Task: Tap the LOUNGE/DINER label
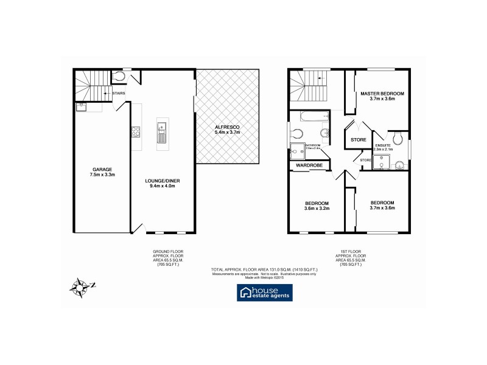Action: (163, 181)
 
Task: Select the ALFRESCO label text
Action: (226, 126)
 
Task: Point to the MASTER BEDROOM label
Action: (382, 94)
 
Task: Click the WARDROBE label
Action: (309, 165)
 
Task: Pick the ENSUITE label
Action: (383, 145)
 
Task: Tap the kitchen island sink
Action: (162, 127)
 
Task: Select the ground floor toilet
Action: (119, 77)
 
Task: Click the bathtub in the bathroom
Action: (309, 117)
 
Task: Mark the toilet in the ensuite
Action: (398, 137)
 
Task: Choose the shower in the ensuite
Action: (382, 161)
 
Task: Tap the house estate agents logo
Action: (264, 293)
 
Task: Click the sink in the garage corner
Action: (82, 107)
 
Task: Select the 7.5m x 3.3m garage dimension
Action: (102, 175)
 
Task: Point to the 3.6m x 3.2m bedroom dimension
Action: (317, 209)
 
